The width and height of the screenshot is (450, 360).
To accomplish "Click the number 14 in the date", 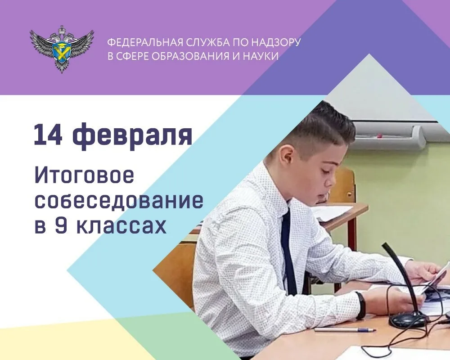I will tap(48, 135).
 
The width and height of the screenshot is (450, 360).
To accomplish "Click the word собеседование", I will tap(118, 201).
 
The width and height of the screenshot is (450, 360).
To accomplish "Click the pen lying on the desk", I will tap(344, 330).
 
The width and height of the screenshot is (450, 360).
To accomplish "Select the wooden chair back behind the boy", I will tap(345, 184).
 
